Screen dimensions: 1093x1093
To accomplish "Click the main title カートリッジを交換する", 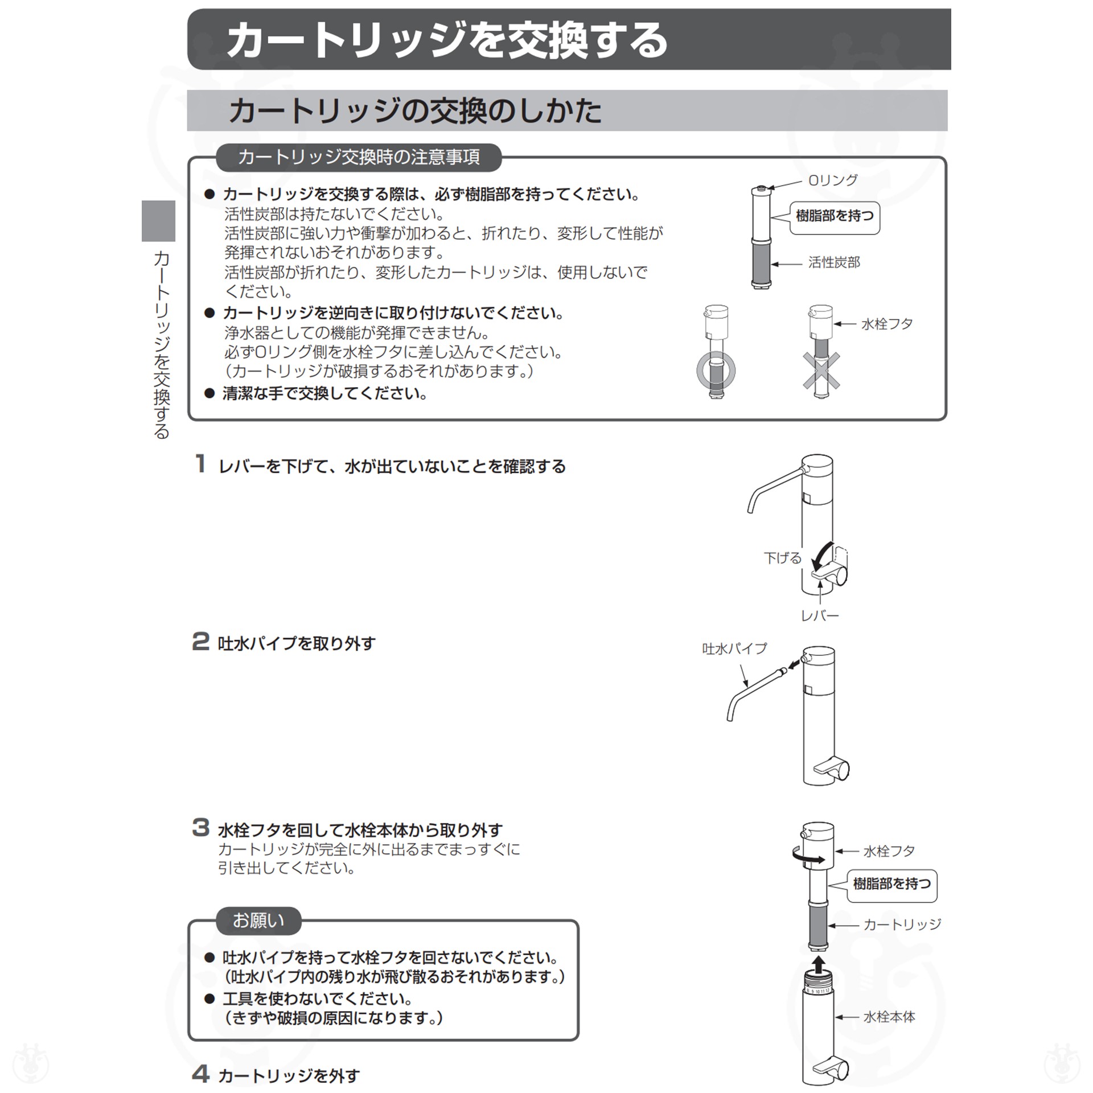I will point(447,40).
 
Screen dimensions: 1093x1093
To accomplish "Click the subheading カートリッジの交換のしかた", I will point(414,110).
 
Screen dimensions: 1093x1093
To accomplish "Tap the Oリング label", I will point(832,180).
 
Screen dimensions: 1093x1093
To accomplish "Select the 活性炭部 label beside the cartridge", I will point(834,262).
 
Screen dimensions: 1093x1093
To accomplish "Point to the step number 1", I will point(200,463).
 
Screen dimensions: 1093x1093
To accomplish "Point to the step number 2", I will point(200,641).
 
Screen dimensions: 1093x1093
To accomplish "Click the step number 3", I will point(200,828).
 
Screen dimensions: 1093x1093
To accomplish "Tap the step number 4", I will point(200,1074).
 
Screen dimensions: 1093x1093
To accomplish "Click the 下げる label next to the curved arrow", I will point(782,558).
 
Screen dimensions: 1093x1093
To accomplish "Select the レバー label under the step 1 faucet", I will point(820,616).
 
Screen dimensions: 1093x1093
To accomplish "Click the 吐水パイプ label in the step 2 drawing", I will point(734,648).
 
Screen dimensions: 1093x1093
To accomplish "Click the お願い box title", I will point(258,921).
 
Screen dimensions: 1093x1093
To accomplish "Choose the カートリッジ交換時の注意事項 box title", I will point(359,157).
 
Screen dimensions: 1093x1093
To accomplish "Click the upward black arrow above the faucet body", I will point(818,964).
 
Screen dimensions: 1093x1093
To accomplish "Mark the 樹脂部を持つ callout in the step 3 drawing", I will point(891,884).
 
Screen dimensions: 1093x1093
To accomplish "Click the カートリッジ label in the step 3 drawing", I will point(902,924).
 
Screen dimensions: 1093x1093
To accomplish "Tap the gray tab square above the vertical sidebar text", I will point(158,221).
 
